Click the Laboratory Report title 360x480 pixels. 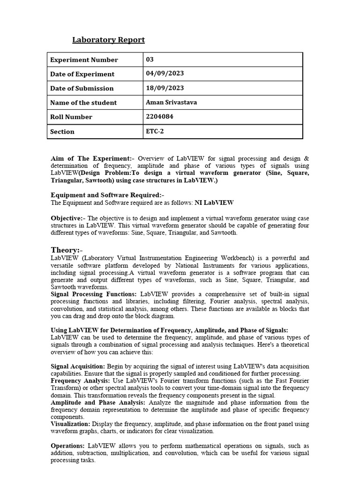point(108,40)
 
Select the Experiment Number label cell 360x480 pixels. point(84,60)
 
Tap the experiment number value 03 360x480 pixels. point(150,60)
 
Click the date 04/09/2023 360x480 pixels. point(165,74)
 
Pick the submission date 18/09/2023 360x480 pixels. point(165,88)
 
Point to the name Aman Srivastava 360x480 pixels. point(172,102)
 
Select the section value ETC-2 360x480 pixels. point(155,131)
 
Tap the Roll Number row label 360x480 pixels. point(71,117)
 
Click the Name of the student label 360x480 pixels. point(83,103)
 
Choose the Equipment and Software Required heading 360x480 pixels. point(107,195)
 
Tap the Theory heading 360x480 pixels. point(66,250)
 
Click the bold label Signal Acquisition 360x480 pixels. point(78,366)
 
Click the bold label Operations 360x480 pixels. point(67,446)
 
